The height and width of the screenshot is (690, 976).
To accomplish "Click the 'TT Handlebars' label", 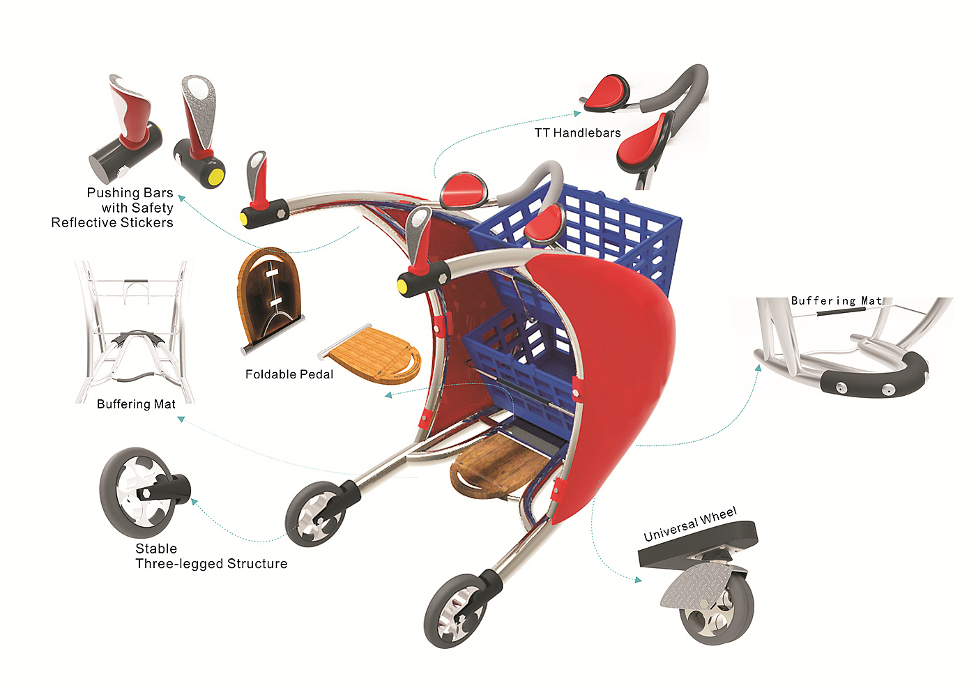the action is coord(577,133).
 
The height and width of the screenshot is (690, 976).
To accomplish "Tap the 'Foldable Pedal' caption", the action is coord(289,374).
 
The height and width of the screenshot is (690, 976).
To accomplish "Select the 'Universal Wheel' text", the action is coord(690,524).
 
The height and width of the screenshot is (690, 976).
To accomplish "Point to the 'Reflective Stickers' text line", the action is coord(112,223).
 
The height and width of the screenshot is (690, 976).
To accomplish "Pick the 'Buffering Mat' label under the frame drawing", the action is coord(136,404).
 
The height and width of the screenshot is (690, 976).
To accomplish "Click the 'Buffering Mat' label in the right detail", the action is coord(836,301).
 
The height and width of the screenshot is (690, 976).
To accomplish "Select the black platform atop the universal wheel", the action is coord(697,544).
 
